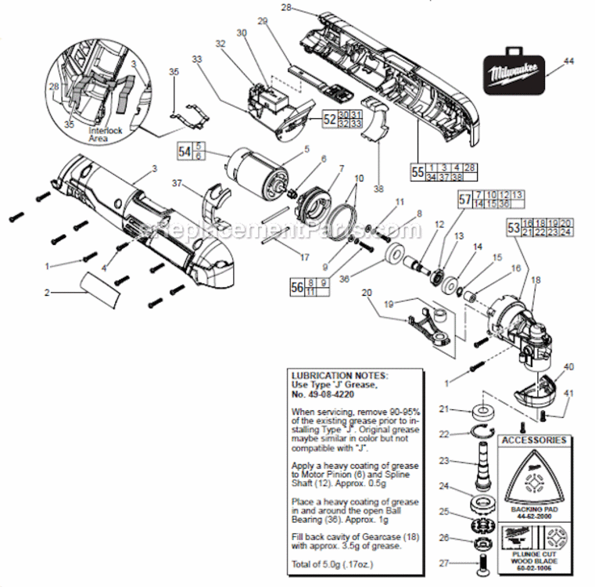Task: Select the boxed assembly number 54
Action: pos(185,150)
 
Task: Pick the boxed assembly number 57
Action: pos(465,199)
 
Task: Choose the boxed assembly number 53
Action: pos(513,227)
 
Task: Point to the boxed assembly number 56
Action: pos(297,287)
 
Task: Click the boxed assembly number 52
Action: pos(329,119)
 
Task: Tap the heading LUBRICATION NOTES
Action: pos(339,375)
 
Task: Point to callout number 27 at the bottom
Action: pos(443,561)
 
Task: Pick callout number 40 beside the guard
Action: pos(568,366)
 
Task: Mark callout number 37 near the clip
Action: pos(177,183)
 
